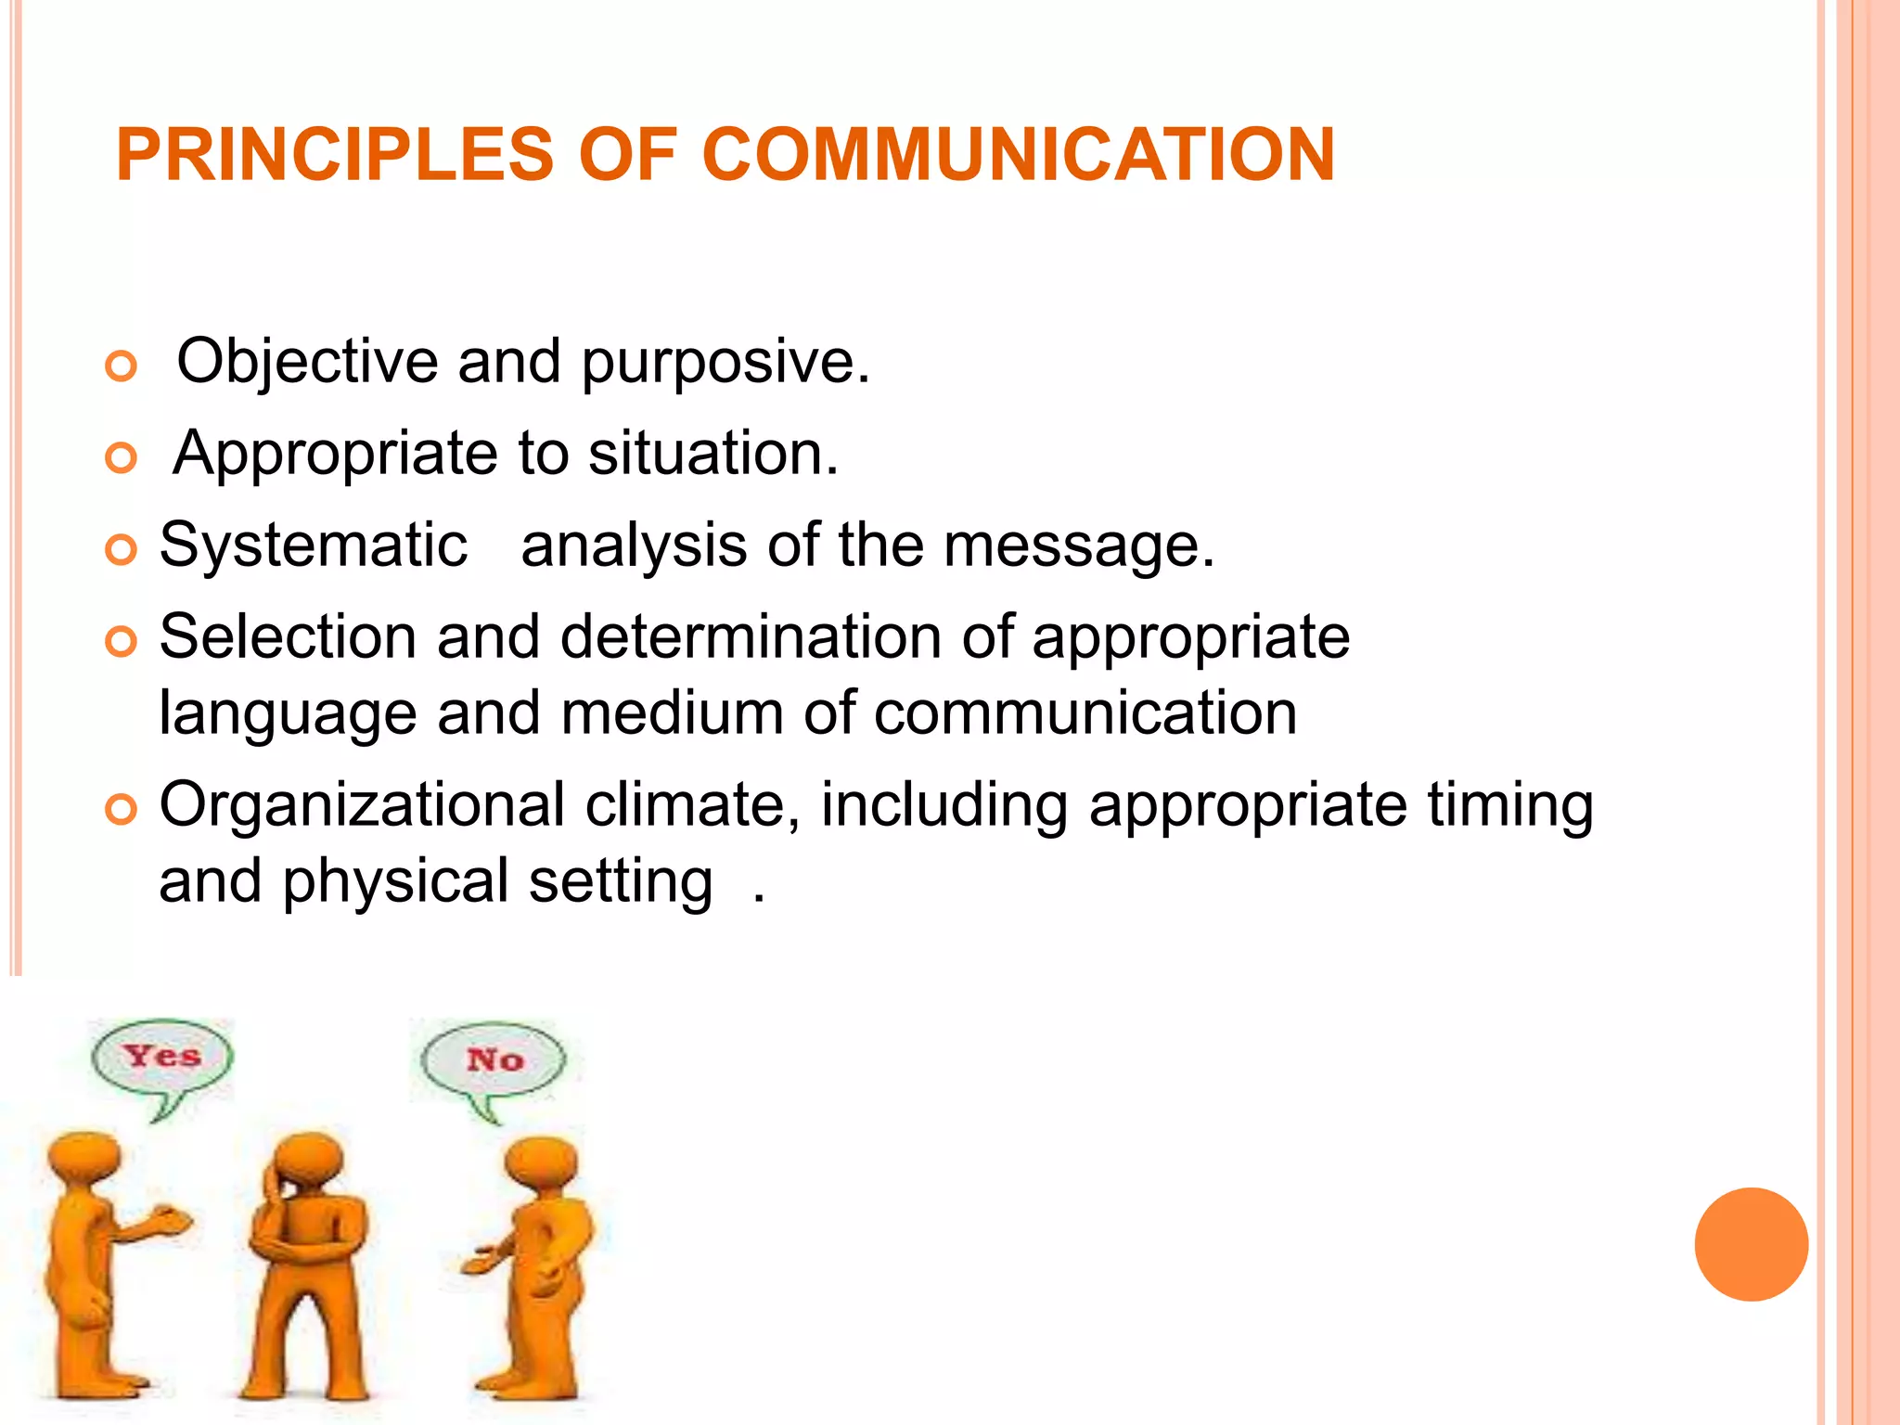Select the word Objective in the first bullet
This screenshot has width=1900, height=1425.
point(306,361)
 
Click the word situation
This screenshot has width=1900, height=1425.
point(713,454)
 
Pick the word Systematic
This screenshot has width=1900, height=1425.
point(314,545)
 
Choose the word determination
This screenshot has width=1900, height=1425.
point(751,637)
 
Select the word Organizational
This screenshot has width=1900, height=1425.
point(362,804)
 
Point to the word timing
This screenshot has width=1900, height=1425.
point(1509,806)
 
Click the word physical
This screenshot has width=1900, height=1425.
point(396,882)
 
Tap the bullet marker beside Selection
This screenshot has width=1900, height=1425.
point(121,641)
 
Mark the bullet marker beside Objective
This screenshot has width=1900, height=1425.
point(121,366)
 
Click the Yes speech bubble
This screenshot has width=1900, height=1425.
point(162,1058)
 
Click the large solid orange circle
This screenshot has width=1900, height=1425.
point(1751,1244)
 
